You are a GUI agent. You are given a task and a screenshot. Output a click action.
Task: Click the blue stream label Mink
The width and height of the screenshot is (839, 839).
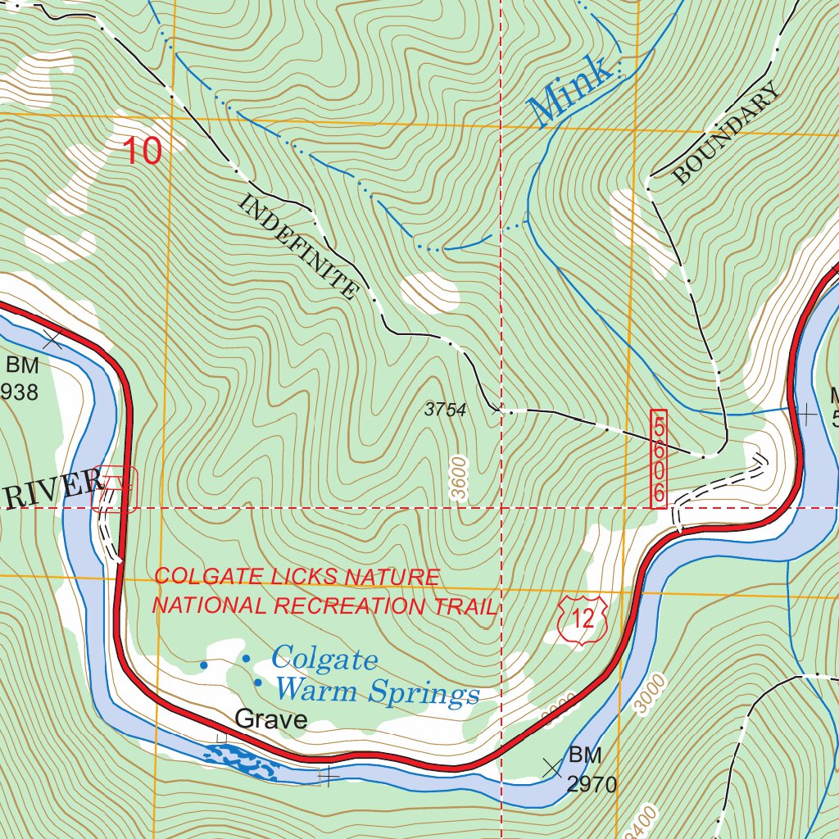click(570, 91)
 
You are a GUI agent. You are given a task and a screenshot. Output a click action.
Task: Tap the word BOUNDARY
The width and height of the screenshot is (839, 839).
click(726, 135)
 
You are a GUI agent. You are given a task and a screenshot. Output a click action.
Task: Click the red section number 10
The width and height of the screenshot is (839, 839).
click(143, 152)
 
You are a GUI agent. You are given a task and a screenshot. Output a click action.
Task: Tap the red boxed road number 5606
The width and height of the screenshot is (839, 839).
click(659, 459)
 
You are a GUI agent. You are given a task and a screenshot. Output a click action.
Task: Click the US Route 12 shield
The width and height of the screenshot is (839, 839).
click(583, 619)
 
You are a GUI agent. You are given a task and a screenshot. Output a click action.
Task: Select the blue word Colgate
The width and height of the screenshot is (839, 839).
click(324, 659)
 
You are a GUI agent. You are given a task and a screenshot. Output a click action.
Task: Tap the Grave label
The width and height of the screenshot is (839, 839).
click(270, 720)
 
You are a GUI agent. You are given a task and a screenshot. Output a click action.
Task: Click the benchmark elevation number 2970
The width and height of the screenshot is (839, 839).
click(592, 785)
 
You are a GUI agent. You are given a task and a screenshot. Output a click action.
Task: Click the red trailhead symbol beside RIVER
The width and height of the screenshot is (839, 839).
click(115, 489)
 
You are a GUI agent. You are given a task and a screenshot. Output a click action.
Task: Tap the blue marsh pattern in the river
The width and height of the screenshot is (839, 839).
click(242, 762)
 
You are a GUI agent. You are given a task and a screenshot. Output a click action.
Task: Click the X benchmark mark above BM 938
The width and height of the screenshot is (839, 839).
click(53, 338)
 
